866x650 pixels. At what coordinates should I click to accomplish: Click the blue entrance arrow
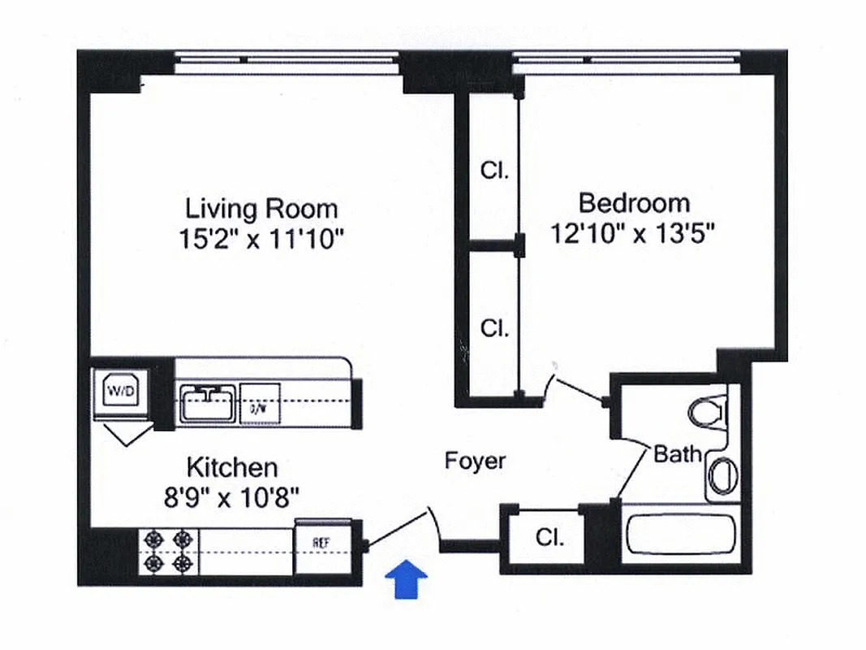[405, 582]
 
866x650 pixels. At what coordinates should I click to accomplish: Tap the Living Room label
[261, 209]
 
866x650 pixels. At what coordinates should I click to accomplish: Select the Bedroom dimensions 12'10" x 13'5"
[633, 234]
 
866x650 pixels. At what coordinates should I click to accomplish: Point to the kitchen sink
[209, 402]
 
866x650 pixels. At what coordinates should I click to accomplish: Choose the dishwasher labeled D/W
[260, 403]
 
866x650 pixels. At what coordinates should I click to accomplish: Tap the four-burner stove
[170, 550]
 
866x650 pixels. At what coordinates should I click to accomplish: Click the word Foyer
[475, 461]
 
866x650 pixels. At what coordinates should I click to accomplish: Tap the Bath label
[677, 454]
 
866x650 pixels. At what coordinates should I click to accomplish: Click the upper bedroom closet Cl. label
[494, 171]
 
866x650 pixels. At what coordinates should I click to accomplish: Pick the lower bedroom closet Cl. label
[494, 328]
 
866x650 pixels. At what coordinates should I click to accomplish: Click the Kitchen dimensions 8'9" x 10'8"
[232, 496]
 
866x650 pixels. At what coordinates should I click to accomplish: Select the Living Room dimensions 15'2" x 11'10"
[261, 240]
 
